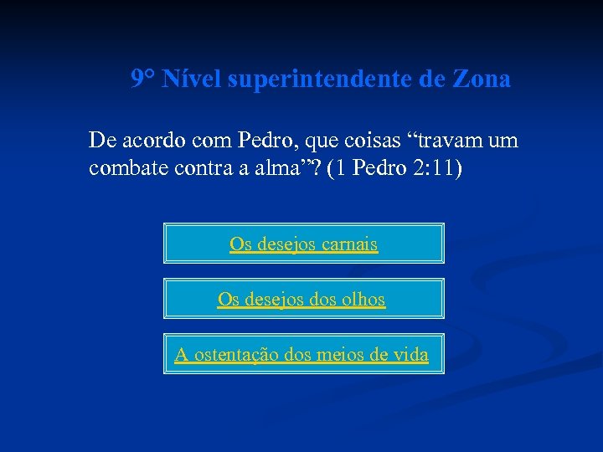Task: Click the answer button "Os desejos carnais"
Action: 303,244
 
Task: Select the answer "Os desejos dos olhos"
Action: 301,299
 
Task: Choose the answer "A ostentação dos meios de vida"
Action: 301,354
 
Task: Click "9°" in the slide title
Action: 143,80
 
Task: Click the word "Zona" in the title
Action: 481,80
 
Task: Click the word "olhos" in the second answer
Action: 363,300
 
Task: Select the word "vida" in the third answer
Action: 410,355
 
